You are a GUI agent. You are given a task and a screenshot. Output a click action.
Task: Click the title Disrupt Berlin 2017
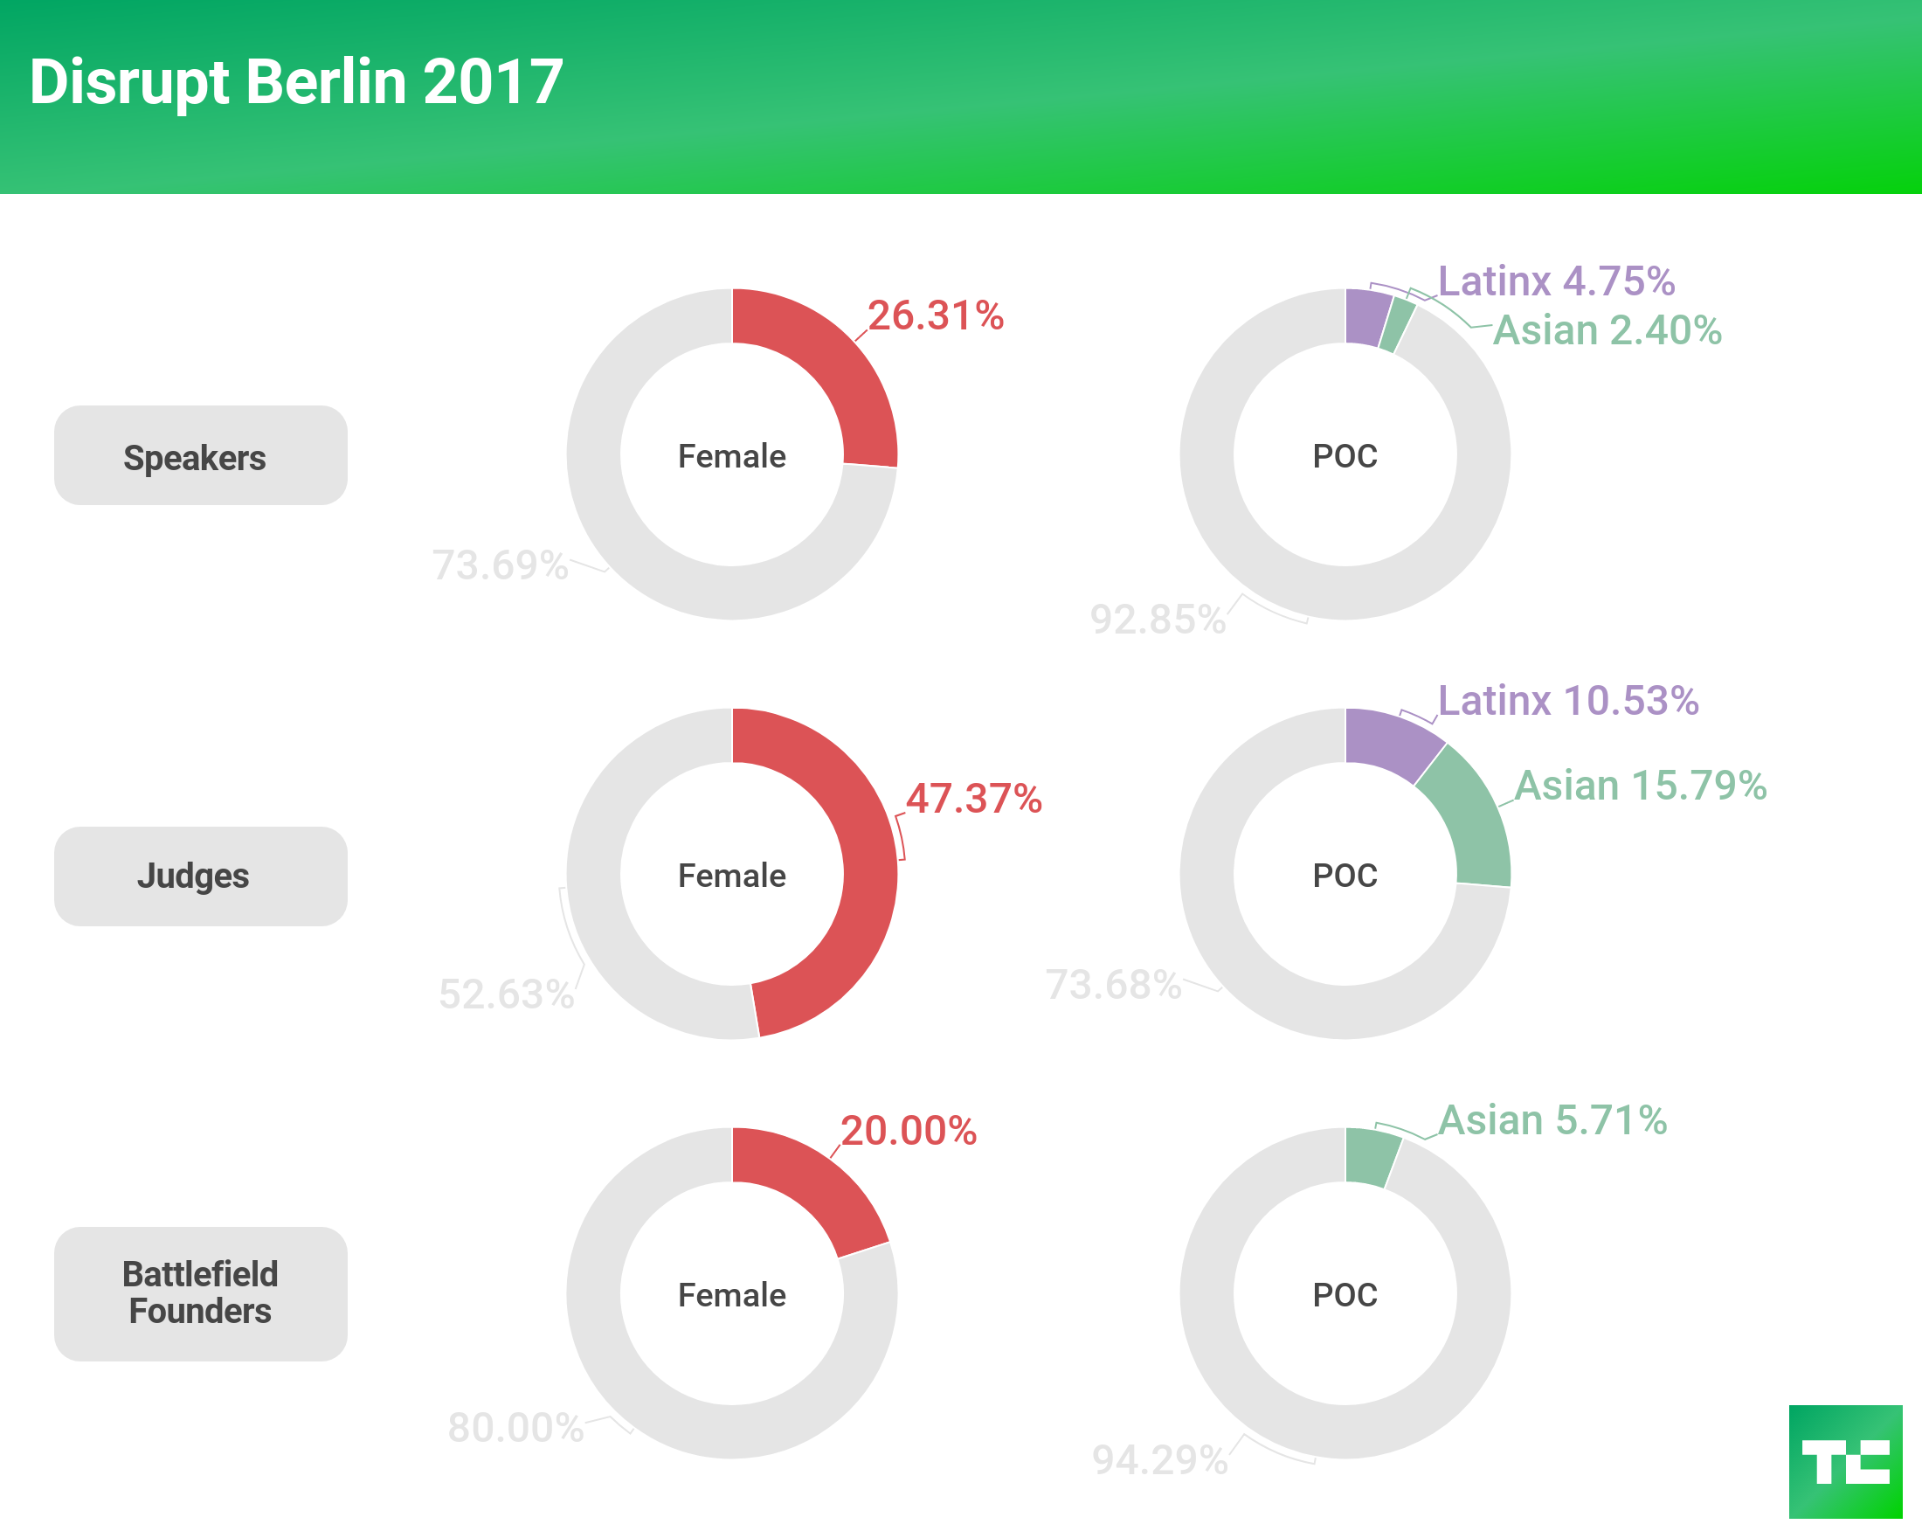click(296, 82)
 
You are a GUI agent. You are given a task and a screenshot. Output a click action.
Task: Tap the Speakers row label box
click(201, 455)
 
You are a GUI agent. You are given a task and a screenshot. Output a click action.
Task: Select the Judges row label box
click(201, 876)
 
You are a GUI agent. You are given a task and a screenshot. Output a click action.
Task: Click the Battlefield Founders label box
click(201, 1292)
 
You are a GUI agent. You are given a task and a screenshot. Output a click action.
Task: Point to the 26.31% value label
click(935, 315)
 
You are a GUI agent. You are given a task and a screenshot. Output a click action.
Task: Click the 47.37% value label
click(973, 798)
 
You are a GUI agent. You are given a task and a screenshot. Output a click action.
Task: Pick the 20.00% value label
click(909, 1131)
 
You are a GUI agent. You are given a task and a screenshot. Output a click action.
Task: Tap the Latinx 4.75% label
click(1557, 281)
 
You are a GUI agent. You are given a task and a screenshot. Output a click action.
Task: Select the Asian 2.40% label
click(1607, 330)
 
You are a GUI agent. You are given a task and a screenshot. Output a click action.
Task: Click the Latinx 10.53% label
click(1568, 701)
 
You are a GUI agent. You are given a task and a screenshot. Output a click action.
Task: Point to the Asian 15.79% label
click(1641, 786)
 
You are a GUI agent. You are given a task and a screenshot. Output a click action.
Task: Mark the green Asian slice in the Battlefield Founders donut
click(1370, 1157)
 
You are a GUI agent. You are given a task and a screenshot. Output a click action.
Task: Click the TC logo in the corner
click(1845, 1461)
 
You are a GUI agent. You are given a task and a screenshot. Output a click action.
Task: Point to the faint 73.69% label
click(500, 565)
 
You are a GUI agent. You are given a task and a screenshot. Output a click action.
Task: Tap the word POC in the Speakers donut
click(1345, 456)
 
